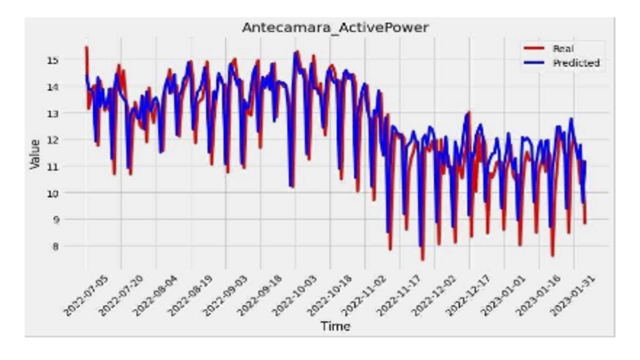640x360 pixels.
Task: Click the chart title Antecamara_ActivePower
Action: tap(335, 27)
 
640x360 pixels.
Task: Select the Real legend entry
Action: tap(563, 48)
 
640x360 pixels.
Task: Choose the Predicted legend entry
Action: tap(575, 63)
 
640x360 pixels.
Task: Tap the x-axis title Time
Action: tap(335, 326)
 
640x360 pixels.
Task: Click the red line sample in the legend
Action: tap(533, 48)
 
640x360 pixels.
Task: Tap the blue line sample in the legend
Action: tap(533, 63)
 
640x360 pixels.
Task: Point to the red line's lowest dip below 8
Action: tap(422, 259)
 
